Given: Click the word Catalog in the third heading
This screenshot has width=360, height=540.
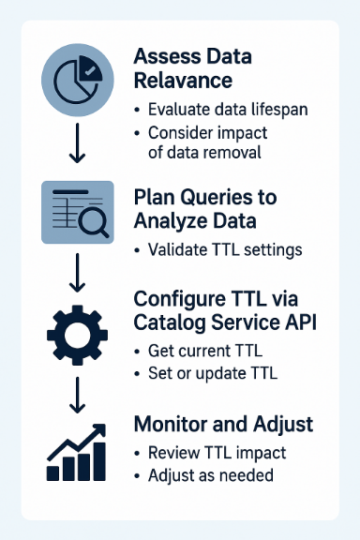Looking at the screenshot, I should pos(172,322).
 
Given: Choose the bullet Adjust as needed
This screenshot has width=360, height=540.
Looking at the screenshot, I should pos(210,475).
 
